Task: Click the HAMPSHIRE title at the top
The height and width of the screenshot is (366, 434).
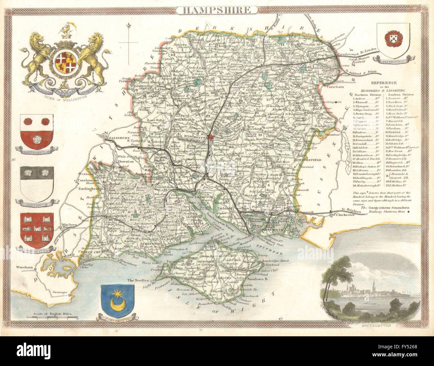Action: [x=217, y=10]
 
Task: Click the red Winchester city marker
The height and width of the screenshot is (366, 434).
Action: [x=211, y=137]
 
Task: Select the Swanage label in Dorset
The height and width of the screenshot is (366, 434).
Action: [x=59, y=292]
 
